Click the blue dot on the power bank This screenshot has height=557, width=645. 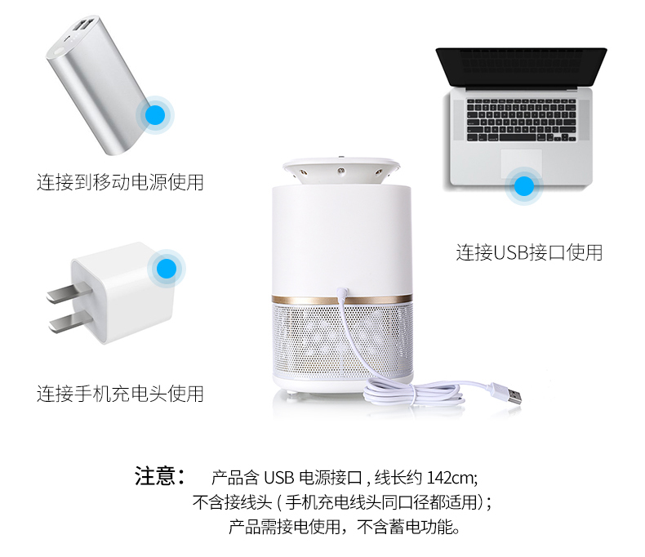click(x=155, y=115)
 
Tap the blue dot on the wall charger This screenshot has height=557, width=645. click(x=167, y=269)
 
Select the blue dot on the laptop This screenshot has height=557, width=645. click(x=524, y=186)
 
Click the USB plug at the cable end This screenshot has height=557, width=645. click(x=511, y=396)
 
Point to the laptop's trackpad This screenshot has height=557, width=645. click(x=521, y=163)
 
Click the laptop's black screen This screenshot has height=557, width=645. click(x=521, y=67)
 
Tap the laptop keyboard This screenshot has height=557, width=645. click(x=522, y=120)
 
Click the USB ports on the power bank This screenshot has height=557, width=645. click(x=84, y=25)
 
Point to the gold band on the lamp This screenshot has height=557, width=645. click(x=342, y=300)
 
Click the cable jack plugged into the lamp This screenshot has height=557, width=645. click(x=342, y=293)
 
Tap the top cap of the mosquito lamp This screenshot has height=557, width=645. click(x=341, y=170)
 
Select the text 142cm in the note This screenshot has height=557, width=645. click(x=451, y=478)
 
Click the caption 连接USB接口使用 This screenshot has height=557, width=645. click(x=529, y=252)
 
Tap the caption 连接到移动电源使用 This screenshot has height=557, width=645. click(x=120, y=182)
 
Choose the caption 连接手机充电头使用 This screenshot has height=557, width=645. click(x=120, y=394)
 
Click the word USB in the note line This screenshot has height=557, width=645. click(x=279, y=478)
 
